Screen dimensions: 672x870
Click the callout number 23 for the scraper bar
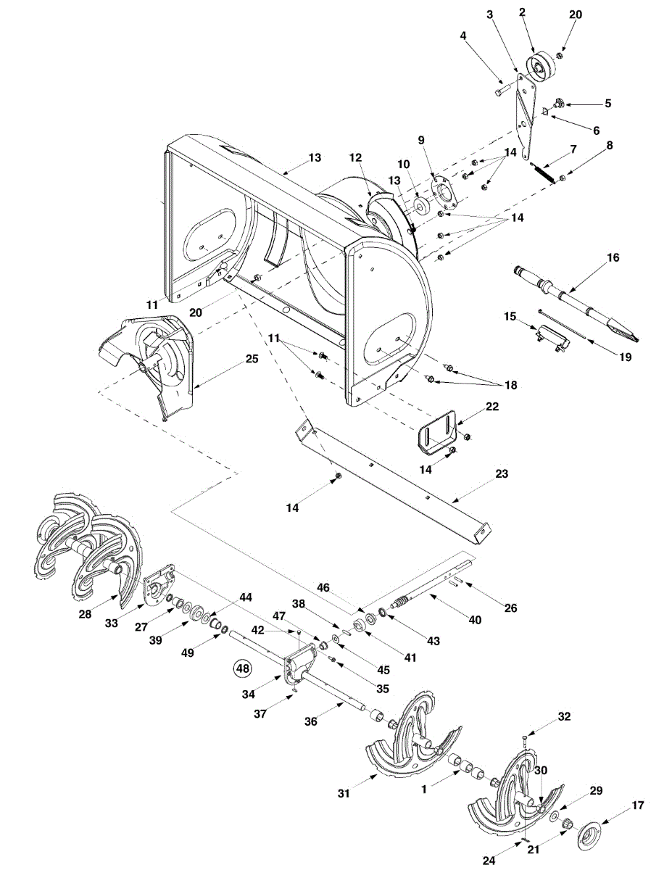502,473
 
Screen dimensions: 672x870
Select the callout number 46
323,587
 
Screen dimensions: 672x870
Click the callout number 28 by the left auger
85,614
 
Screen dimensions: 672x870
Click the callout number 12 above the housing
355,157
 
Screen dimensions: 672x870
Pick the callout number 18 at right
510,385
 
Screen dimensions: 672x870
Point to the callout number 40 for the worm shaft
474,620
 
